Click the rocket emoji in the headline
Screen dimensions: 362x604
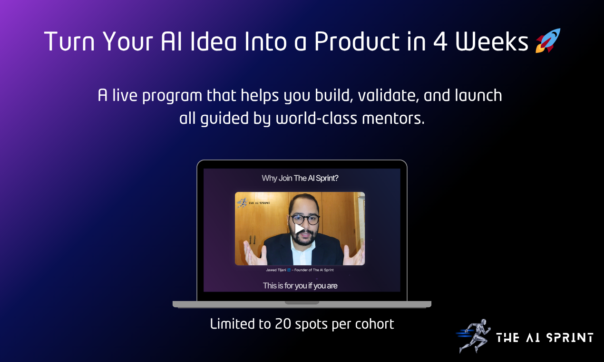click(548, 41)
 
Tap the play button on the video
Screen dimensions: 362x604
click(299, 229)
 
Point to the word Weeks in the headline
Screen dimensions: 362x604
click(492, 42)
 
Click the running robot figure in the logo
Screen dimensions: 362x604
click(473, 335)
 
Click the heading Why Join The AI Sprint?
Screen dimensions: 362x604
click(300, 179)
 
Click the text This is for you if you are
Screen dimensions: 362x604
click(300, 286)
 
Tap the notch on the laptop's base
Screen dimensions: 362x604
click(302, 302)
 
